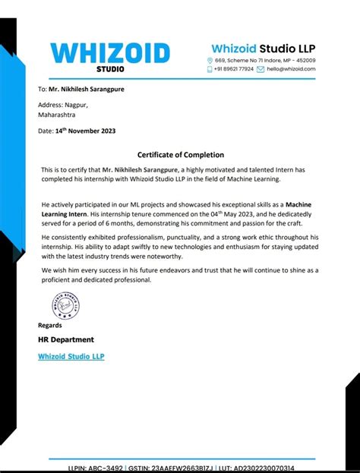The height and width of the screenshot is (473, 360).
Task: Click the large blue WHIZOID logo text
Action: (x=110, y=52)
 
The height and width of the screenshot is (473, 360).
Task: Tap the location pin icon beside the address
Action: (x=210, y=60)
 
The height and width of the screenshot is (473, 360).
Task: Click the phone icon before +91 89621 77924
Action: (x=210, y=69)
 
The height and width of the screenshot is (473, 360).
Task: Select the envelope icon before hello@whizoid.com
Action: (x=260, y=69)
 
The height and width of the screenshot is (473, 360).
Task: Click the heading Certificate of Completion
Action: (x=179, y=154)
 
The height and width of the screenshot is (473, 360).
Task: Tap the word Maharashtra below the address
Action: (x=57, y=115)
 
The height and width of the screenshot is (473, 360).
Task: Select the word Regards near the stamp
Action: (x=50, y=325)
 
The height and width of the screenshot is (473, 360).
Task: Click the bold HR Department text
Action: (x=66, y=339)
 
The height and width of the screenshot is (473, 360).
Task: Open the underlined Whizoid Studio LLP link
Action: (x=71, y=356)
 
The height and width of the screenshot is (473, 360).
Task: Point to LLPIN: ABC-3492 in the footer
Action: (x=95, y=468)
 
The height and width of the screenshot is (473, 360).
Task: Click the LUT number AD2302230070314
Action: (x=265, y=468)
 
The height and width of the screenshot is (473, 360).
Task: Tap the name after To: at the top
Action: (x=92, y=89)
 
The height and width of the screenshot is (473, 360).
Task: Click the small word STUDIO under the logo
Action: (x=110, y=69)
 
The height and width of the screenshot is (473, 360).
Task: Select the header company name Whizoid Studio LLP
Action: (x=263, y=49)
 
